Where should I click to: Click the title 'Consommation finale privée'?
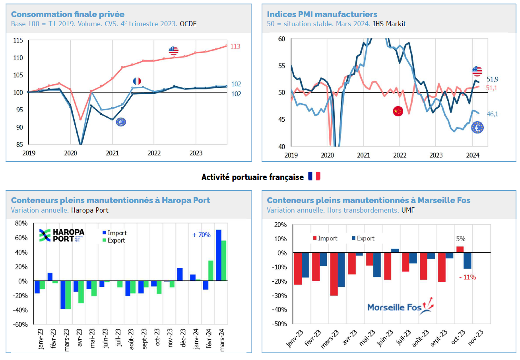pyautogui.click(x=67, y=14)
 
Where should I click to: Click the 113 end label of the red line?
pyautogui.click(x=235, y=47)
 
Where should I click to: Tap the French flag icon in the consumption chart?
pyautogui.click(x=137, y=81)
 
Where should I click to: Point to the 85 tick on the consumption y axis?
pyautogui.click(x=19, y=145)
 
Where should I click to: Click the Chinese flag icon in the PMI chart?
pyautogui.click(x=397, y=111)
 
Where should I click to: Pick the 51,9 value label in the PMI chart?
pyautogui.click(x=493, y=79)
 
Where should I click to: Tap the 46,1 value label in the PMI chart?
pyautogui.click(x=493, y=114)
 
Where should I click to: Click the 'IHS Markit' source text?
pyautogui.click(x=389, y=24)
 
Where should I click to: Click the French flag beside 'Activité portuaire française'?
pyautogui.click(x=314, y=177)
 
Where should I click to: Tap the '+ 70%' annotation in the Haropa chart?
pyautogui.click(x=201, y=235)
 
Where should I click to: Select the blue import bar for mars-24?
pyautogui.click(x=218, y=255)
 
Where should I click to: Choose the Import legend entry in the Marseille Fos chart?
pyautogui.click(x=325, y=238)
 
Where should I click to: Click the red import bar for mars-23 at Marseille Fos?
pyautogui.click(x=334, y=274)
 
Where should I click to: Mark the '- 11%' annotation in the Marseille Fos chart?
pyautogui.click(x=468, y=277)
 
